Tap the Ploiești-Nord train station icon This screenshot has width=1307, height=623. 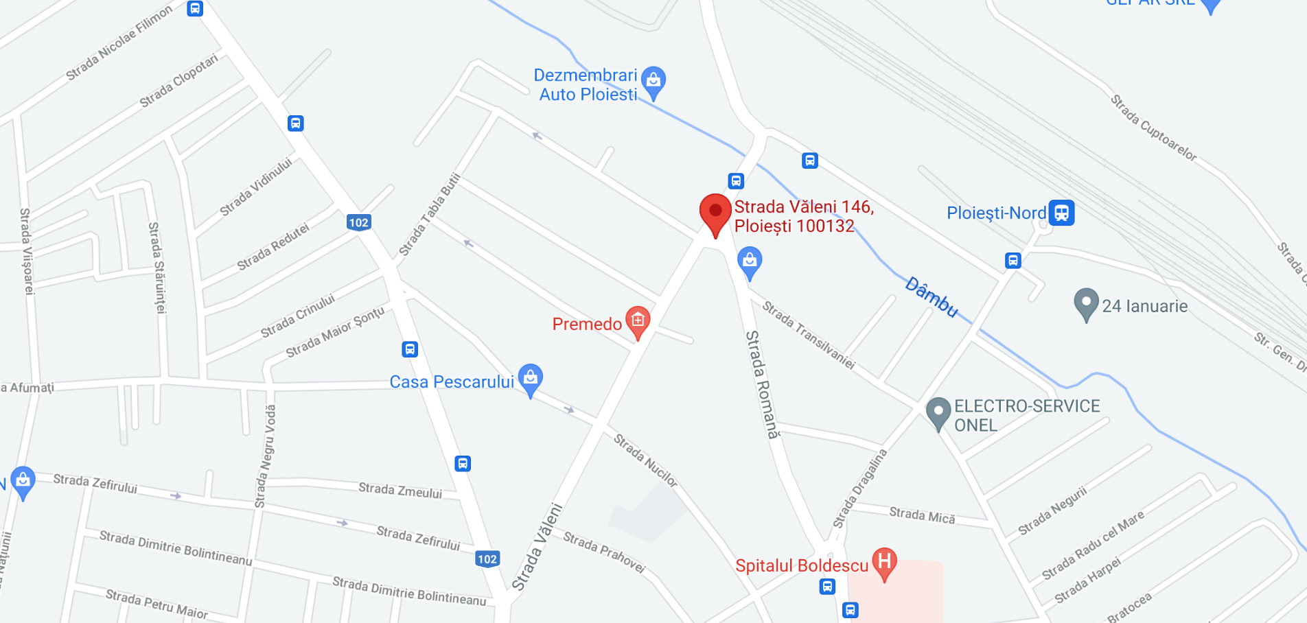[1061, 213]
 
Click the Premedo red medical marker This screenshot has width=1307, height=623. [638, 320]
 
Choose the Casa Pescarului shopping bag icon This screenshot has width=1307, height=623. [531, 379]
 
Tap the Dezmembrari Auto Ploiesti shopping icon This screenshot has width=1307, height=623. [653, 81]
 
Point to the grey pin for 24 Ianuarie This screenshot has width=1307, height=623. [1086, 303]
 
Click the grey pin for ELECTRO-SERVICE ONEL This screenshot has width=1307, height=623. [938, 412]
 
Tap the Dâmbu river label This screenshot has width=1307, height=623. [931, 296]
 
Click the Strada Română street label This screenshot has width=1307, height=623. [763, 384]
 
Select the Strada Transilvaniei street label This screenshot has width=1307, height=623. [809, 335]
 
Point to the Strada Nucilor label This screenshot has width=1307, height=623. [645, 460]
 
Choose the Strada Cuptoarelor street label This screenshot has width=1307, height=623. [1153, 128]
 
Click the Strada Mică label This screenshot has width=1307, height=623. [922, 515]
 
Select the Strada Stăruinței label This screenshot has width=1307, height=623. [157, 268]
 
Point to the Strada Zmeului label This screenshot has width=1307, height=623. [400, 490]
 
